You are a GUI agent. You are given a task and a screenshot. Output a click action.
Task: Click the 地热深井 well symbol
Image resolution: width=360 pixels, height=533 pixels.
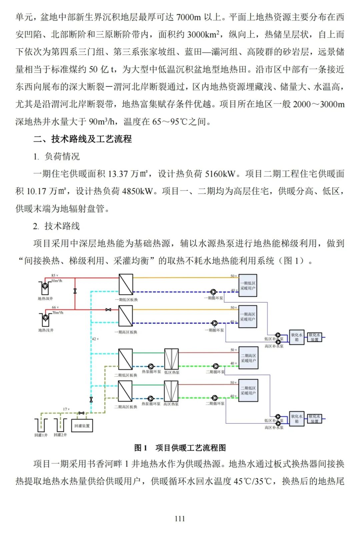[45, 287]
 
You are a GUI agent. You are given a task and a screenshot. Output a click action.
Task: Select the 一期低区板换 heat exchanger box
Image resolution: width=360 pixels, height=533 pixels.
[126, 285]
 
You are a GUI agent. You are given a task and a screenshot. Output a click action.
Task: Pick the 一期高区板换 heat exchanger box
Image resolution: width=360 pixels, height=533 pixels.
[126, 316]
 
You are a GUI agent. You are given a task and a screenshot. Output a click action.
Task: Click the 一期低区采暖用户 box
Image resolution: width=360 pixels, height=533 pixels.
[248, 286]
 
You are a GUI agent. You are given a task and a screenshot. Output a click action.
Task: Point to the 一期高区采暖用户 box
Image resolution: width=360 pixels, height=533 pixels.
[248, 317]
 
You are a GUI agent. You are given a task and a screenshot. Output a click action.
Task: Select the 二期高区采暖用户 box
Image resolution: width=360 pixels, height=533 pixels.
[248, 358]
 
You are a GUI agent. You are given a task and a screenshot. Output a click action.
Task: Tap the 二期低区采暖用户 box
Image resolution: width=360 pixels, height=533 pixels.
[248, 391]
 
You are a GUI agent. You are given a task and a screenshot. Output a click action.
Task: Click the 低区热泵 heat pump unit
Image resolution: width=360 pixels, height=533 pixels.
[171, 359]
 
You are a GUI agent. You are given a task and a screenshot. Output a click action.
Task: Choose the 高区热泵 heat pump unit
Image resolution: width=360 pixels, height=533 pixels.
[171, 391]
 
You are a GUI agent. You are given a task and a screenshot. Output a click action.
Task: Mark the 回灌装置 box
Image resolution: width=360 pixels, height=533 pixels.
[82, 426]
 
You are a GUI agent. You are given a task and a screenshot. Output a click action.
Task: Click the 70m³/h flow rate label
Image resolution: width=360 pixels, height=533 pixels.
[58, 313]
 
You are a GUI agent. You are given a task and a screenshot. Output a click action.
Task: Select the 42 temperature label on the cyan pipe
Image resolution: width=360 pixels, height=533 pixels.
[95, 339]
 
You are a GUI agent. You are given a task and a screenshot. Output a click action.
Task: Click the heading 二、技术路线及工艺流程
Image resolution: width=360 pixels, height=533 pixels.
[83, 139]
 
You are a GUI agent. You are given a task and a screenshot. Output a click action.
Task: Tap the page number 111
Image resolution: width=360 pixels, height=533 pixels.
[180, 518]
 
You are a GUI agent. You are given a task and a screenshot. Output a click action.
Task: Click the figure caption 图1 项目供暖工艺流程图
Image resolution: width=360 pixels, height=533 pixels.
[180, 448]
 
